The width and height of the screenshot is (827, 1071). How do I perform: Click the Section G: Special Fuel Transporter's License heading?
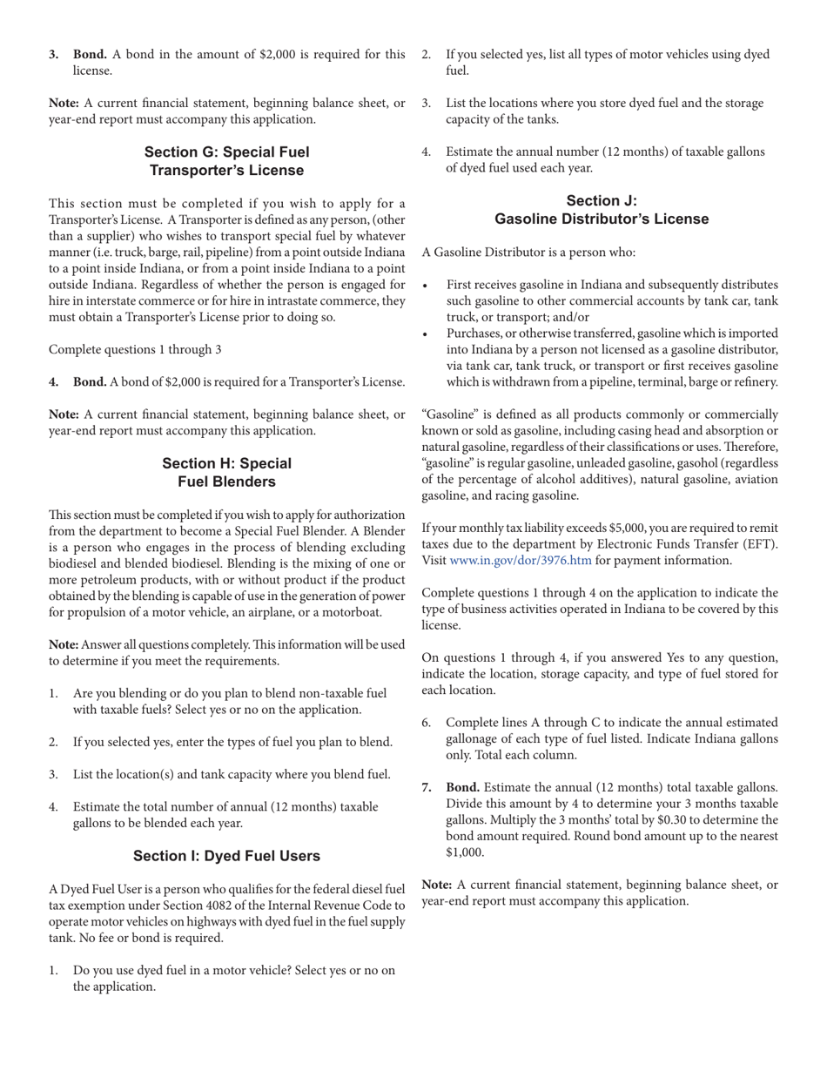click(x=226, y=161)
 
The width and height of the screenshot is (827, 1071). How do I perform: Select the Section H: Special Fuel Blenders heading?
click(x=226, y=472)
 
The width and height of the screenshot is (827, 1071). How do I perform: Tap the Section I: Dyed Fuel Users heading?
click(x=226, y=856)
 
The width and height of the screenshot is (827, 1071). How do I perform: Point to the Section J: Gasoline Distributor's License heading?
click(x=601, y=210)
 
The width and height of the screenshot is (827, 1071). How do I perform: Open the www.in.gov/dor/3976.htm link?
click(x=520, y=560)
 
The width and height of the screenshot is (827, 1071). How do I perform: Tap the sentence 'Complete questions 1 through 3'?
click(x=135, y=349)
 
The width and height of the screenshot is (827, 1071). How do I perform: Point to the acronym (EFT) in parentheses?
click(x=759, y=544)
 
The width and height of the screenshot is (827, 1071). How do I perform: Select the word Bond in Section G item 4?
click(x=90, y=381)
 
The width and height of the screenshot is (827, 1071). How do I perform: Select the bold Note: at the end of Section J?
click(x=437, y=885)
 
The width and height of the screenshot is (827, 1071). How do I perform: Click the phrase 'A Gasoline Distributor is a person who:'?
click(x=528, y=253)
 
